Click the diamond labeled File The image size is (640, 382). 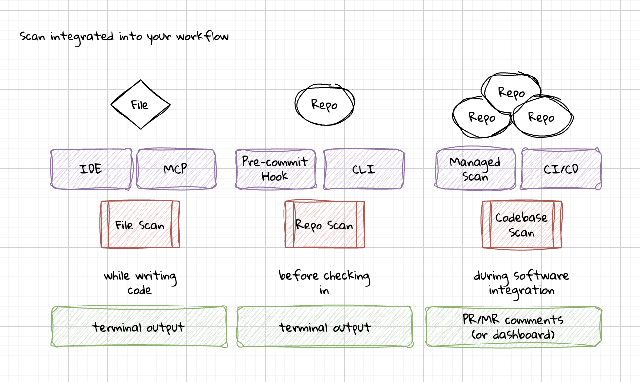pyautogui.click(x=140, y=105)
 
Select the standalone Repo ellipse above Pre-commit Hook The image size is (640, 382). pyautogui.click(x=324, y=105)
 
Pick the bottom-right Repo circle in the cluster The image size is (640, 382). pyautogui.click(x=541, y=117)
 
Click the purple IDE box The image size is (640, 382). pyautogui.click(x=91, y=169)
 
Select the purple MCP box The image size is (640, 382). pyautogui.click(x=176, y=169)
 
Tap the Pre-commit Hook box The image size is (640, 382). pyautogui.click(x=275, y=169)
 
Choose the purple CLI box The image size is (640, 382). pyautogui.click(x=364, y=169)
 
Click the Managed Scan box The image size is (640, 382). pyautogui.click(x=475, y=169)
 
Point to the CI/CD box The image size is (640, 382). pyautogui.click(x=561, y=169)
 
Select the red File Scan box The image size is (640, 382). pyautogui.click(x=140, y=225)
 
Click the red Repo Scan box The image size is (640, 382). pyautogui.click(x=324, y=225)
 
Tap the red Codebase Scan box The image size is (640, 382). pyautogui.click(x=522, y=225)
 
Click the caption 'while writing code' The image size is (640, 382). pyautogui.click(x=140, y=282)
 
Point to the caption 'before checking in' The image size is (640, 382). pyautogui.click(x=324, y=282)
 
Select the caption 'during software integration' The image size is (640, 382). pyautogui.click(x=521, y=282)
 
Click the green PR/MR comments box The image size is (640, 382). pyautogui.click(x=513, y=327)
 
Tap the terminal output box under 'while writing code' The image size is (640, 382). pyautogui.click(x=139, y=327)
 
